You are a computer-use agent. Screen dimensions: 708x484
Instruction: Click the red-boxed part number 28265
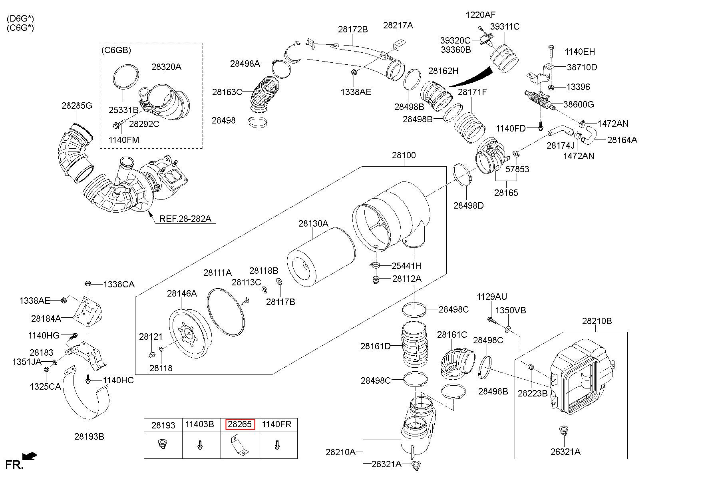point(240,424)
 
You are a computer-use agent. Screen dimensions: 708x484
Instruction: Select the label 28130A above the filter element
point(313,223)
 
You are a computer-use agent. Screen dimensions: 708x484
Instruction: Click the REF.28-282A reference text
point(185,219)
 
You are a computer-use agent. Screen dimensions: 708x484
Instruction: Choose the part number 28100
point(404,155)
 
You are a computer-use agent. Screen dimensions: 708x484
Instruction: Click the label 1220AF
point(480,15)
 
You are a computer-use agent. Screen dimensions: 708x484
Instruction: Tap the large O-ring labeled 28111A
point(226,310)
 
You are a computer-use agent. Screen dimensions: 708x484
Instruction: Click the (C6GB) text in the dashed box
point(116,50)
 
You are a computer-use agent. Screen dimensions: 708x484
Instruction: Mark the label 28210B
point(597,321)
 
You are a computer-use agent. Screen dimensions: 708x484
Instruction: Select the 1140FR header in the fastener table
point(276,424)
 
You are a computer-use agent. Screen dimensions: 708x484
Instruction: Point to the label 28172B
point(353,29)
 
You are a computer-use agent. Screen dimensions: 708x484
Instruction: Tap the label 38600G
point(579,104)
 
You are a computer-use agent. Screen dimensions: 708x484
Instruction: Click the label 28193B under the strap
point(89,436)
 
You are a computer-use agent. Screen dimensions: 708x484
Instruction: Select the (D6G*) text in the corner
point(20,19)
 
